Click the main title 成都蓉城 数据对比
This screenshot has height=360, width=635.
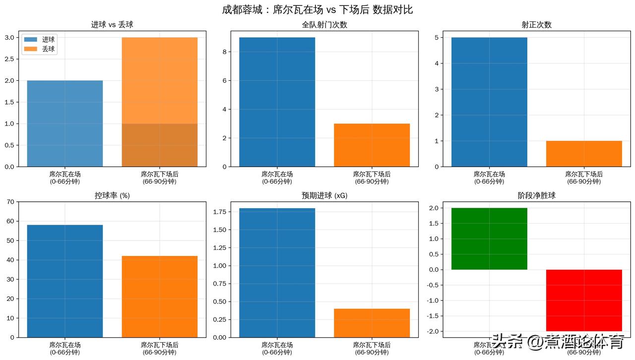pos(317,9)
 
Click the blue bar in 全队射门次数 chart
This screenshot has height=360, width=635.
pos(277,102)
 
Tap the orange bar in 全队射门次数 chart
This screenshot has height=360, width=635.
pos(372,145)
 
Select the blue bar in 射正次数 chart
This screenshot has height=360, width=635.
pos(489,102)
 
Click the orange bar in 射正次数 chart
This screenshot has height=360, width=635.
pos(584,154)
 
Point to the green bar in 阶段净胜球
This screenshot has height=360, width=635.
pos(489,239)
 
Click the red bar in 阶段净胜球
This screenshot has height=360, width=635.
pos(584,300)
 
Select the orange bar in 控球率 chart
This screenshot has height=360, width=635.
pos(159,297)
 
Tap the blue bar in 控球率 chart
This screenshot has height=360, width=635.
pos(64,281)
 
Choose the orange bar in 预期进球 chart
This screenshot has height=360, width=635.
pos(372,323)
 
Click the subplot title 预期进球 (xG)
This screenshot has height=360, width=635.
pos(324,196)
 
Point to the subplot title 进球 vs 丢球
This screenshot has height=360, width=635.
pos(112,25)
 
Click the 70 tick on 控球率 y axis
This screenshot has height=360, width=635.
pos(10,202)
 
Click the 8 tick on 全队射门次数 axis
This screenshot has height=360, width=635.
pos(224,52)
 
